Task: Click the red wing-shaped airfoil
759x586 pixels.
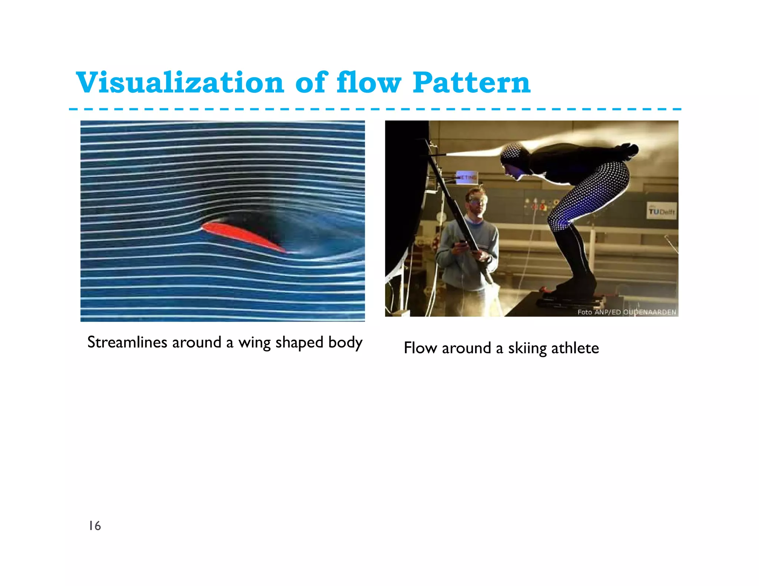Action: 243,236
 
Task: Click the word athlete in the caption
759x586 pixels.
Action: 575,348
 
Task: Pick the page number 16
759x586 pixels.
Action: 95,526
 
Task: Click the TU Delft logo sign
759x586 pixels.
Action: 662,211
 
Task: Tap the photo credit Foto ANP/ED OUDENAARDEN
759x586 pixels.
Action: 627,312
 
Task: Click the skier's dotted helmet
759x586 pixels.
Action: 512,152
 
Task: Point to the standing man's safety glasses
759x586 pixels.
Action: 478,200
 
